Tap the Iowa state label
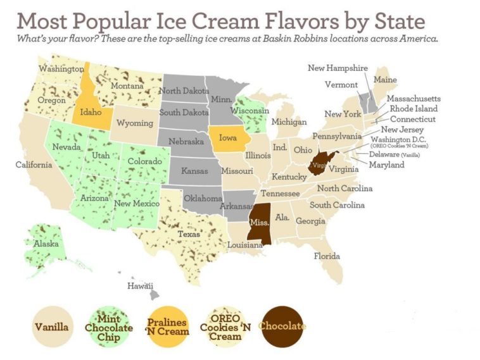pos(230,137)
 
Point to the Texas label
pos(189,234)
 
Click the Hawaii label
pos(140,286)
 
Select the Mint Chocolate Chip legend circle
pos(111,327)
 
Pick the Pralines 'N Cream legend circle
pos(168,327)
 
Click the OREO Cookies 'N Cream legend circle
pos(225,327)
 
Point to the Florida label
pos(327,256)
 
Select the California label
pos(34,165)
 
